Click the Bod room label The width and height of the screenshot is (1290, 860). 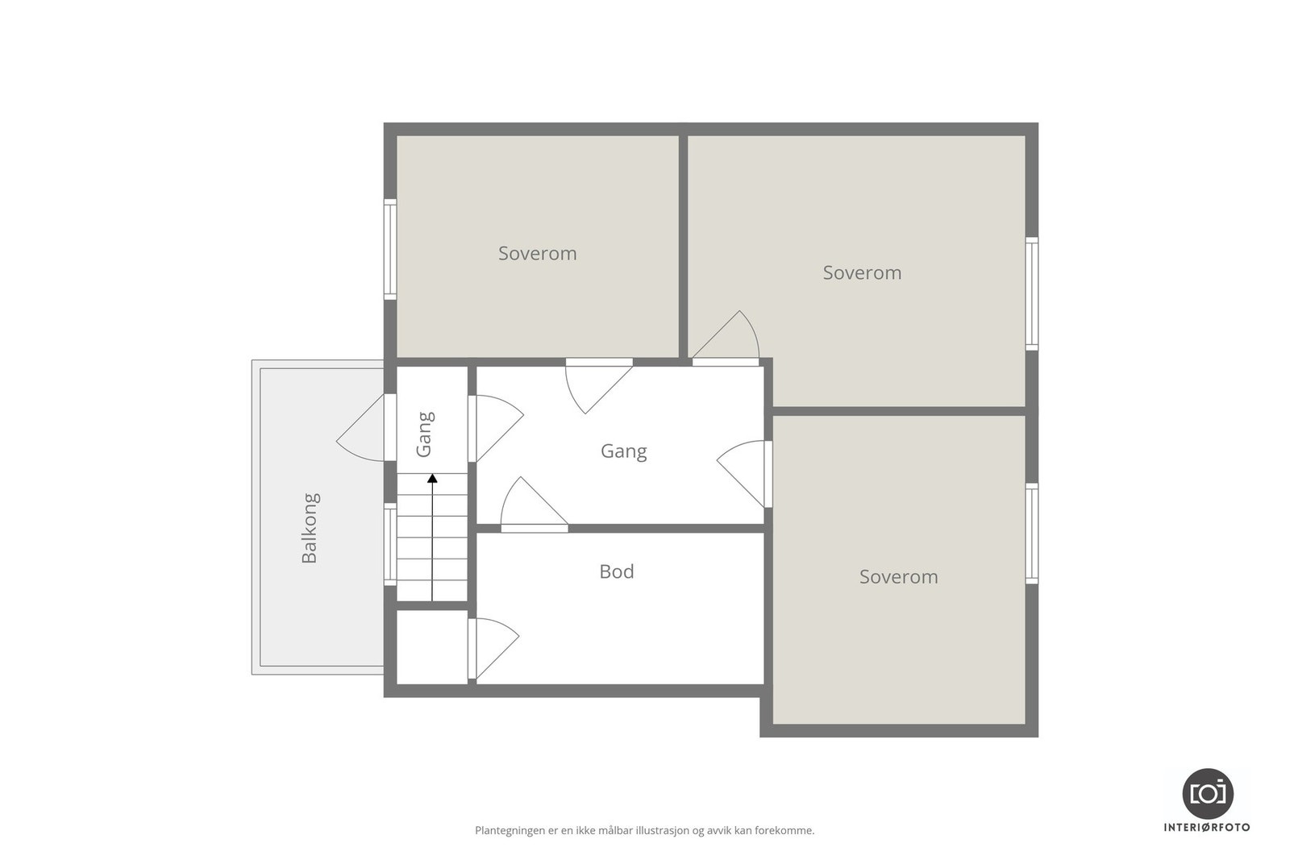pyautogui.click(x=616, y=571)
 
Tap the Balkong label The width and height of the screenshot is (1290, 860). pyautogui.click(x=310, y=528)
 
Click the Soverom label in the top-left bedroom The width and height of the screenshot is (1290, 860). pyautogui.click(x=537, y=253)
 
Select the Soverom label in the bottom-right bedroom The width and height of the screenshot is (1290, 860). pyautogui.click(x=898, y=577)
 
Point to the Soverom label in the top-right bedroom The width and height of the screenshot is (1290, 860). pyautogui.click(x=862, y=273)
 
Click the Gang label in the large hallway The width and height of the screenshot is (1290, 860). pyautogui.click(x=624, y=451)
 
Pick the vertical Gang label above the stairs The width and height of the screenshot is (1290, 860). pyautogui.click(x=425, y=434)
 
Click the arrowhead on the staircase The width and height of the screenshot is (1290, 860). pyautogui.click(x=432, y=478)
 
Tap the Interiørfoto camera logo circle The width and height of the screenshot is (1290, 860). pyautogui.click(x=1208, y=793)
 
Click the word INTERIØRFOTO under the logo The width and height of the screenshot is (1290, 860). pyautogui.click(x=1207, y=828)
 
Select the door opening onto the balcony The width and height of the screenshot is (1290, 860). pyautogui.click(x=361, y=428)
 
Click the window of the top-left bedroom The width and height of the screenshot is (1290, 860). pyautogui.click(x=390, y=249)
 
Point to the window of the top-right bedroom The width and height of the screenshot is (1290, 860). pyautogui.click(x=1032, y=293)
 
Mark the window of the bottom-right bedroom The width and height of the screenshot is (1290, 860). pyautogui.click(x=1032, y=534)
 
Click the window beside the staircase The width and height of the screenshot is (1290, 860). pyautogui.click(x=390, y=545)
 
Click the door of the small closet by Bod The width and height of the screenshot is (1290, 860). pyautogui.click(x=493, y=649)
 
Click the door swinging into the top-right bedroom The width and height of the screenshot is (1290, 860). pyautogui.click(x=726, y=339)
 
